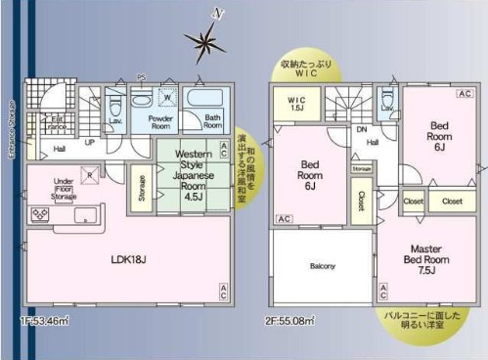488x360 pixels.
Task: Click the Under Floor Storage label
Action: [65, 188]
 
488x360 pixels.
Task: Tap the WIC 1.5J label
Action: [296, 103]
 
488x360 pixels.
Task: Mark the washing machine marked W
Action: [165, 99]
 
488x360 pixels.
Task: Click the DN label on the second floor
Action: [362, 129]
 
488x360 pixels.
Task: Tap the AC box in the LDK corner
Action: [223, 289]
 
